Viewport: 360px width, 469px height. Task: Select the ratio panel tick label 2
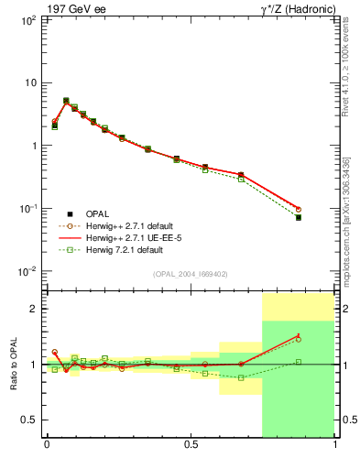(32, 310)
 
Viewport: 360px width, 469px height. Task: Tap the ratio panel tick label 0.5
(28, 420)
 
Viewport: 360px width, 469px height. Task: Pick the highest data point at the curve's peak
(66, 101)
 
